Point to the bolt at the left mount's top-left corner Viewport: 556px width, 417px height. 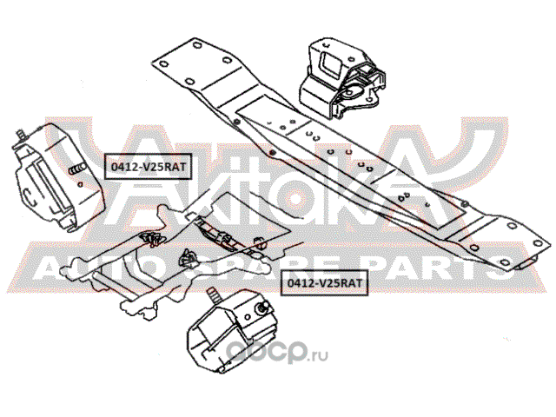click(19, 136)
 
